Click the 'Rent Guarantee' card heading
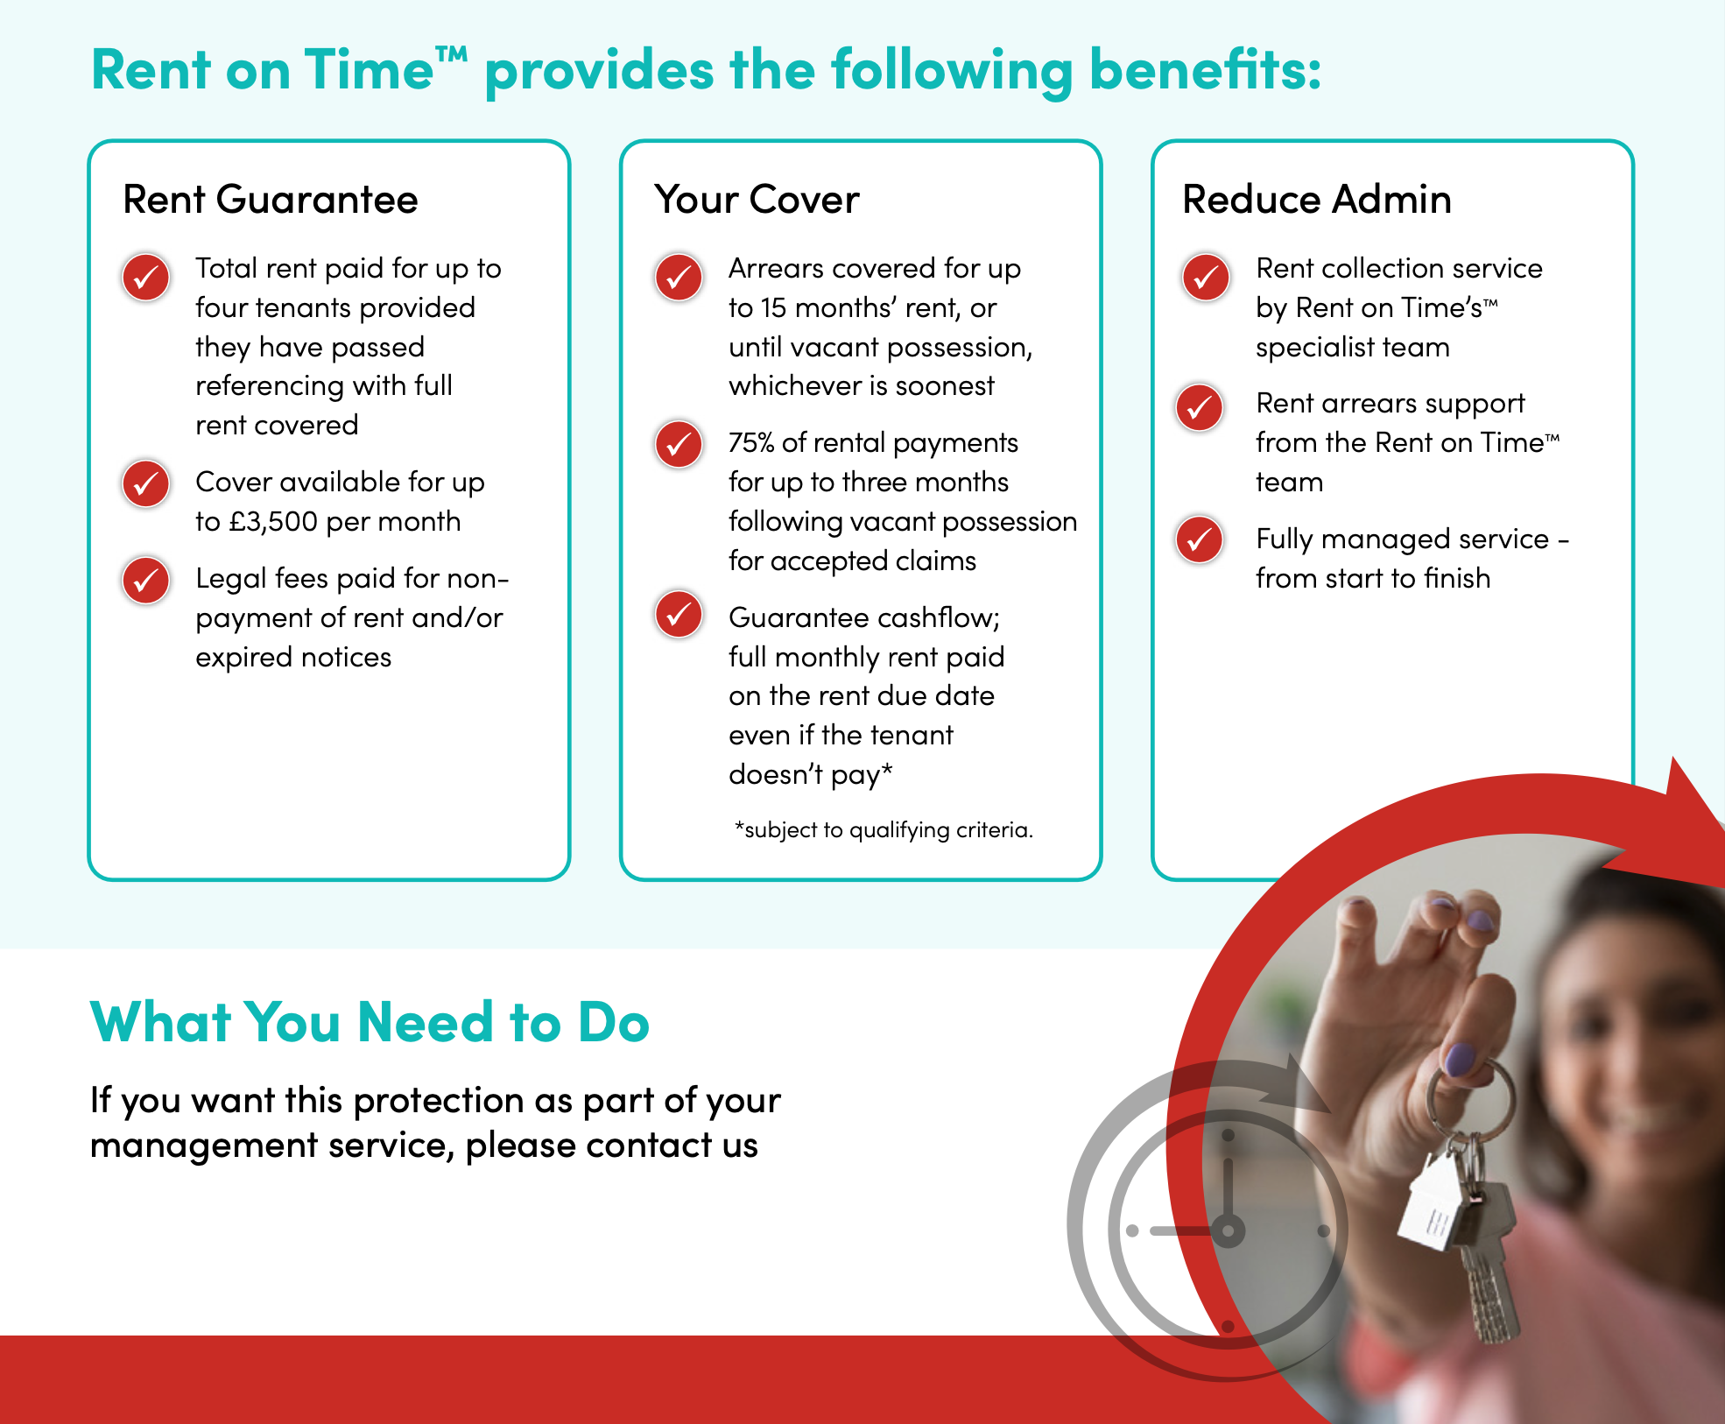pyautogui.click(x=271, y=200)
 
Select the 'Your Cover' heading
pyautogui.click(x=757, y=200)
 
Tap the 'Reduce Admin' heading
pyautogui.click(x=1317, y=200)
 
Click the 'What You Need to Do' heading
pyautogui.click(x=370, y=1022)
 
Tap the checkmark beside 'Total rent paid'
pyautogui.click(x=146, y=278)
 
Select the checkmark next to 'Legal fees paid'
pyautogui.click(x=146, y=581)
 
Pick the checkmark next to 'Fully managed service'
pyautogui.click(x=1200, y=539)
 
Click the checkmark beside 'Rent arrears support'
pyautogui.click(x=1200, y=407)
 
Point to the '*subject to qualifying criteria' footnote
pyautogui.click(x=884, y=829)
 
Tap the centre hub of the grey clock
pyautogui.click(x=1228, y=1230)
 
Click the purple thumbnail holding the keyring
pyautogui.click(x=1460, y=1059)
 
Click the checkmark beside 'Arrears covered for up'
pyautogui.click(x=679, y=278)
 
